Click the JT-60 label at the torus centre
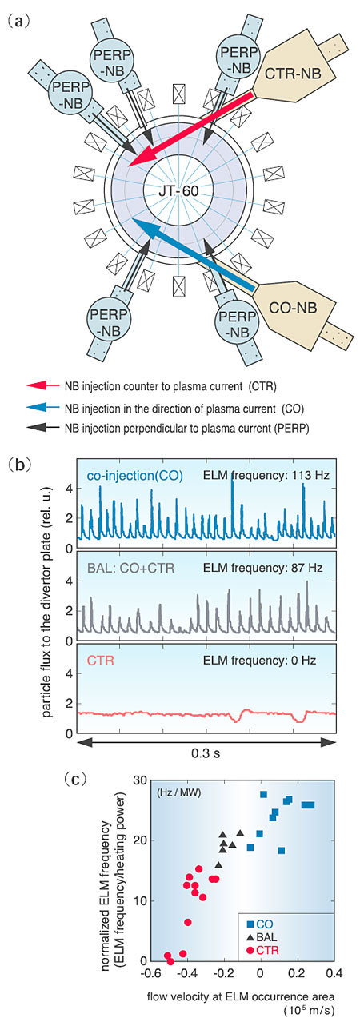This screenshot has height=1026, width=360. point(178,190)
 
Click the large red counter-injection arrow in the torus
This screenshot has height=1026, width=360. point(191,129)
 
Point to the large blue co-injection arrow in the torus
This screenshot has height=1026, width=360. point(193,254)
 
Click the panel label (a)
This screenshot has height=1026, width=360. point(19,21)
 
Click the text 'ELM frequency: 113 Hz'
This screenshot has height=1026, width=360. point(266,475)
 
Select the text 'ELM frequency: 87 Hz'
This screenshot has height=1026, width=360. point(263,568)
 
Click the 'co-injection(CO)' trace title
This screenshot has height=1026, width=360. point(134,476)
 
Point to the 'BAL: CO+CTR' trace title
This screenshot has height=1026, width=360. point(130,569)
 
